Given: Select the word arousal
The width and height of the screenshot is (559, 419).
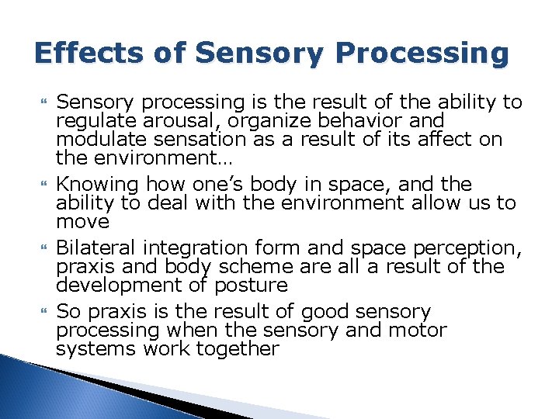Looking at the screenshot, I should tap(194, 121).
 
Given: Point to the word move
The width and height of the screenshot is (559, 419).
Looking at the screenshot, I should tap(82, 222).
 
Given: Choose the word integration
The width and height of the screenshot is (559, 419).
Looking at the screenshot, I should tap(196, 248).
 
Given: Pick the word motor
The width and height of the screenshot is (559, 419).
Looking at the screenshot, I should tap(418, 330).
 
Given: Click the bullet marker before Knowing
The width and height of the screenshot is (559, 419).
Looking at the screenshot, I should tap(44, 185).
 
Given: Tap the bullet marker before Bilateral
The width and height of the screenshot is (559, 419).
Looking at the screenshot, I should tap(44, 248).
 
